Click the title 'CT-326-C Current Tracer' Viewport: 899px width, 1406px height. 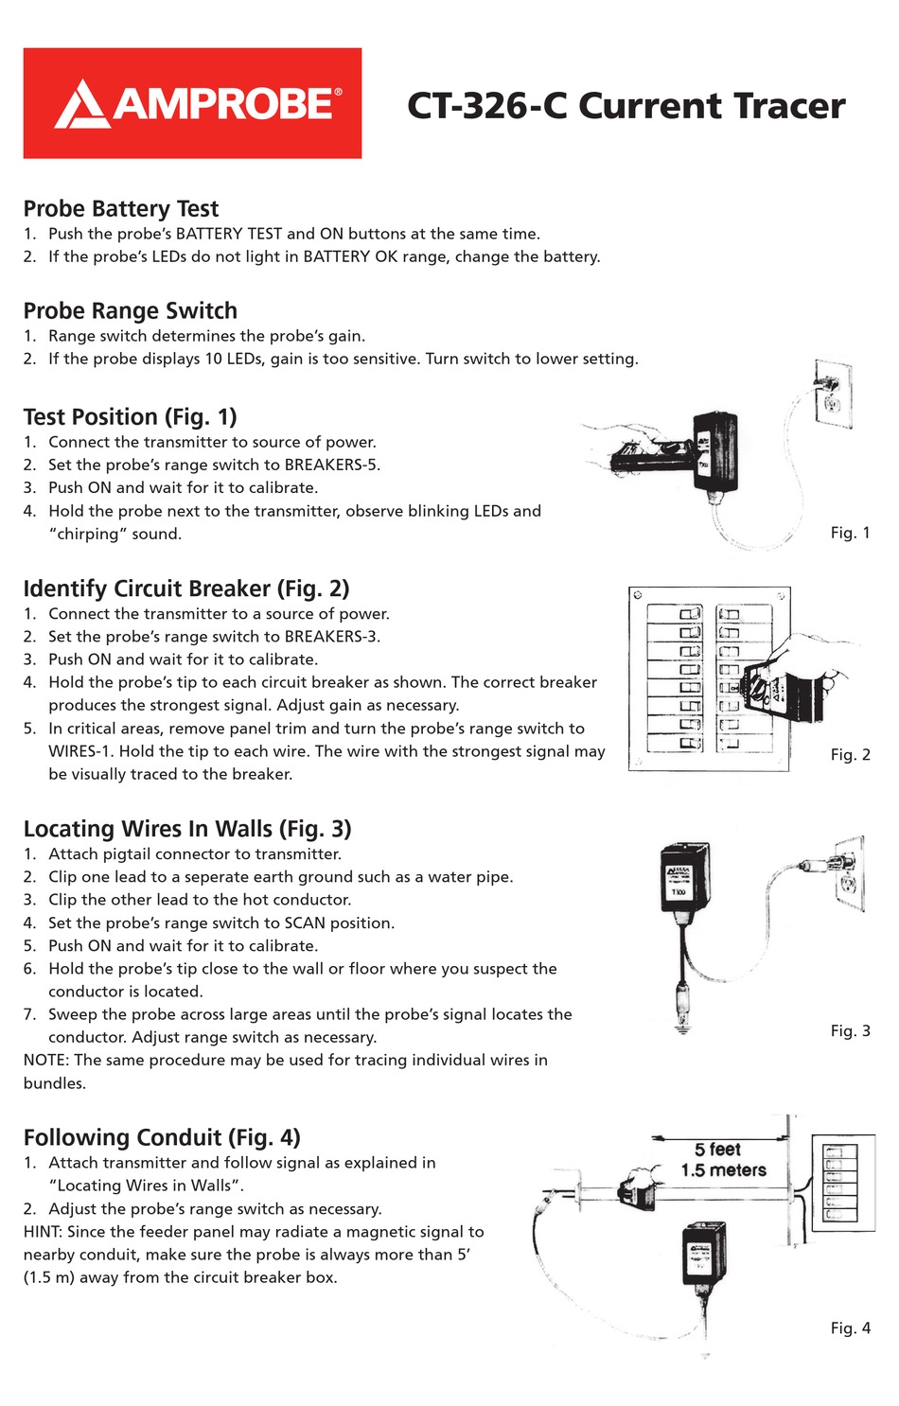click(626, 106)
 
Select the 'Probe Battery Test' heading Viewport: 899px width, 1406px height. click(121, 209)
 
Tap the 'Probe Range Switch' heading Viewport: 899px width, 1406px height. click(131, 311)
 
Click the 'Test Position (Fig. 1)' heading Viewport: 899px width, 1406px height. click(131, 417)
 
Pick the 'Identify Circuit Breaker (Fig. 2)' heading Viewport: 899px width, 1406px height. click(186, 589)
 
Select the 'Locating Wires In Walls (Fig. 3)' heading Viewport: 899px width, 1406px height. click(187, 829)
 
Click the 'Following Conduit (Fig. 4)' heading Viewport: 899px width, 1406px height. click(162, 1137)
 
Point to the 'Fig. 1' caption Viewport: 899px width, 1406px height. click(850, 533)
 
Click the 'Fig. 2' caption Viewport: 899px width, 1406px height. click(850, 754)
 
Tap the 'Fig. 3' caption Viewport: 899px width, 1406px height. click(850, 1030)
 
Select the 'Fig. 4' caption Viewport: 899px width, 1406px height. click(850, 1328)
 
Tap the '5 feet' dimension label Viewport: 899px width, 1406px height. click(717, 1150)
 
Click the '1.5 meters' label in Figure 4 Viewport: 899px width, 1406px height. click(723, 1170)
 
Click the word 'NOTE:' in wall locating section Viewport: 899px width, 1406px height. click(46, 1061)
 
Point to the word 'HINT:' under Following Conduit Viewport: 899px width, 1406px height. click(44, 1232)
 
